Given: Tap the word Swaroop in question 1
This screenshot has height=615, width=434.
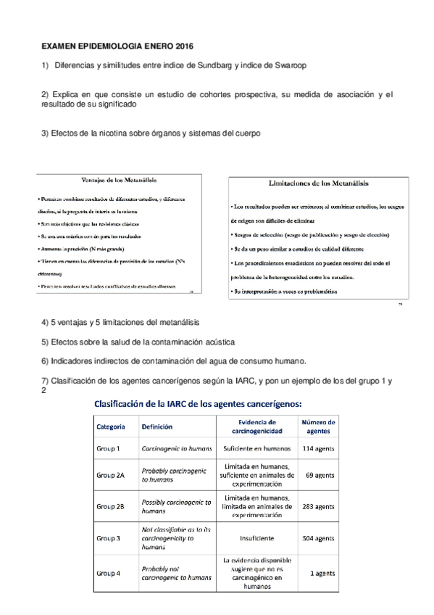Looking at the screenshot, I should coord(288,65).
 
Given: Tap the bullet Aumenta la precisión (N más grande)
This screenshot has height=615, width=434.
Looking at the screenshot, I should coord(80,249).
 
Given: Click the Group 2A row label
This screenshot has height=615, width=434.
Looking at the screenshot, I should coord(111,475).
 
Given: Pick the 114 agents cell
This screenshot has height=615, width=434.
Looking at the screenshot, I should coord(318,449).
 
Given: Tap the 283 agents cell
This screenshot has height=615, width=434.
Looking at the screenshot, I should coord(317,506).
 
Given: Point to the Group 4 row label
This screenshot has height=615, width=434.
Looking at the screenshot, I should coord(109,573).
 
